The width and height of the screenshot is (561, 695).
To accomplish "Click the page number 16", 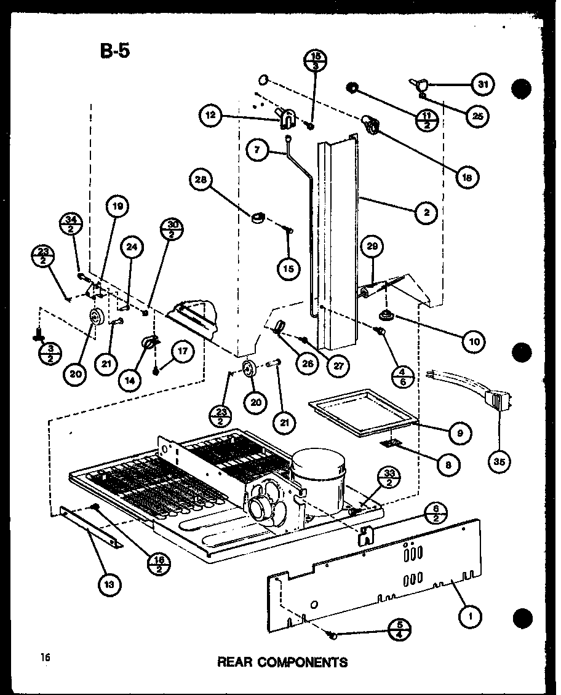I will [46, 657].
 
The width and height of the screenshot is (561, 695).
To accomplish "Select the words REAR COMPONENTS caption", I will [282, 662].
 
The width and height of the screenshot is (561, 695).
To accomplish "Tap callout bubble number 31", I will [483, 84].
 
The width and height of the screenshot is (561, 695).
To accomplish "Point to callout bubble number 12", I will [210, 116].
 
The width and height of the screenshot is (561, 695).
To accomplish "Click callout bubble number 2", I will [426, 213].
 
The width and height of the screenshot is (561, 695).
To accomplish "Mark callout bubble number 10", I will [472, 340].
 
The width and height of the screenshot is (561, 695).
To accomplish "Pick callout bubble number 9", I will [460, 432].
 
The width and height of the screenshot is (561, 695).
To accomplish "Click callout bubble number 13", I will [109, 585].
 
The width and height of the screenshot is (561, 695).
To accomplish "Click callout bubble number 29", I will [372, 248].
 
